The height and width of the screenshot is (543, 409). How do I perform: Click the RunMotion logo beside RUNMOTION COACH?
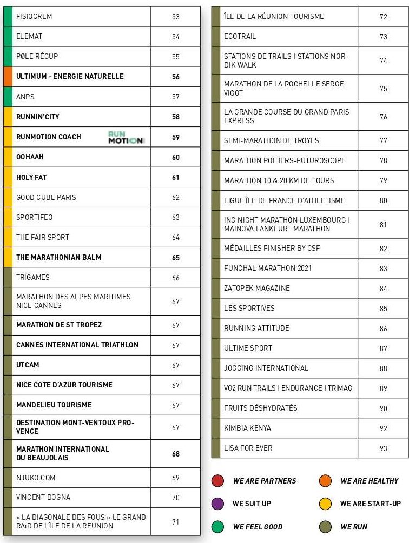tap(126, 137)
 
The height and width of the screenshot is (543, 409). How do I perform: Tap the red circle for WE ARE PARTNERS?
tap(217, 481)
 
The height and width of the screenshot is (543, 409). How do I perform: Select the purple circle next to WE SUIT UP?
tap(217, 504)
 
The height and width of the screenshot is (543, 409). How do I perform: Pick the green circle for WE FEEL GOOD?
tap(217, 527)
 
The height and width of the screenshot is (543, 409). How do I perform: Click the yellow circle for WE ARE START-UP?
tap(325, 504)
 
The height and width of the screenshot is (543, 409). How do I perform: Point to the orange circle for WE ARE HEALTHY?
tap(325, 481)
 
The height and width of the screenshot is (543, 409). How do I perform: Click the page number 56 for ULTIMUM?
tap(175, 77)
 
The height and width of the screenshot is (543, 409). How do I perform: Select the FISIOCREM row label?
tap(34, 17)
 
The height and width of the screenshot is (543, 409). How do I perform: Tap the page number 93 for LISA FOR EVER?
tap(383, 448)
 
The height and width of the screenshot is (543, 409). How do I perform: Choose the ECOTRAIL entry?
tap(240, 37)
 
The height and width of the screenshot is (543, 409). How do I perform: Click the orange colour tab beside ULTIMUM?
tap(8, 77)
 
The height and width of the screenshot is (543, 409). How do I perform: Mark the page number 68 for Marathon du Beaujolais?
tap(175, 454)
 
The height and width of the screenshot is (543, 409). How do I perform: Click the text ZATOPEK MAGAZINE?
tap(256, 289)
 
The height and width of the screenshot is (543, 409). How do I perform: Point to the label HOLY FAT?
tap(31, 177)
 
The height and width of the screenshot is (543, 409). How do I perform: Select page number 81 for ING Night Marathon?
tap(383, 225)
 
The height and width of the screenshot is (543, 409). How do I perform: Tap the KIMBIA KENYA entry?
tap(247, 428)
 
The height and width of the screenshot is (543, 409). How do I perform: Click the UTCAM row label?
tap(28, 365)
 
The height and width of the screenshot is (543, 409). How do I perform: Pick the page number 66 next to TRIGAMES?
tap(175, 278)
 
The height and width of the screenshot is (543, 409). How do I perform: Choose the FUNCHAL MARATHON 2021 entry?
tap(267, 269)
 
